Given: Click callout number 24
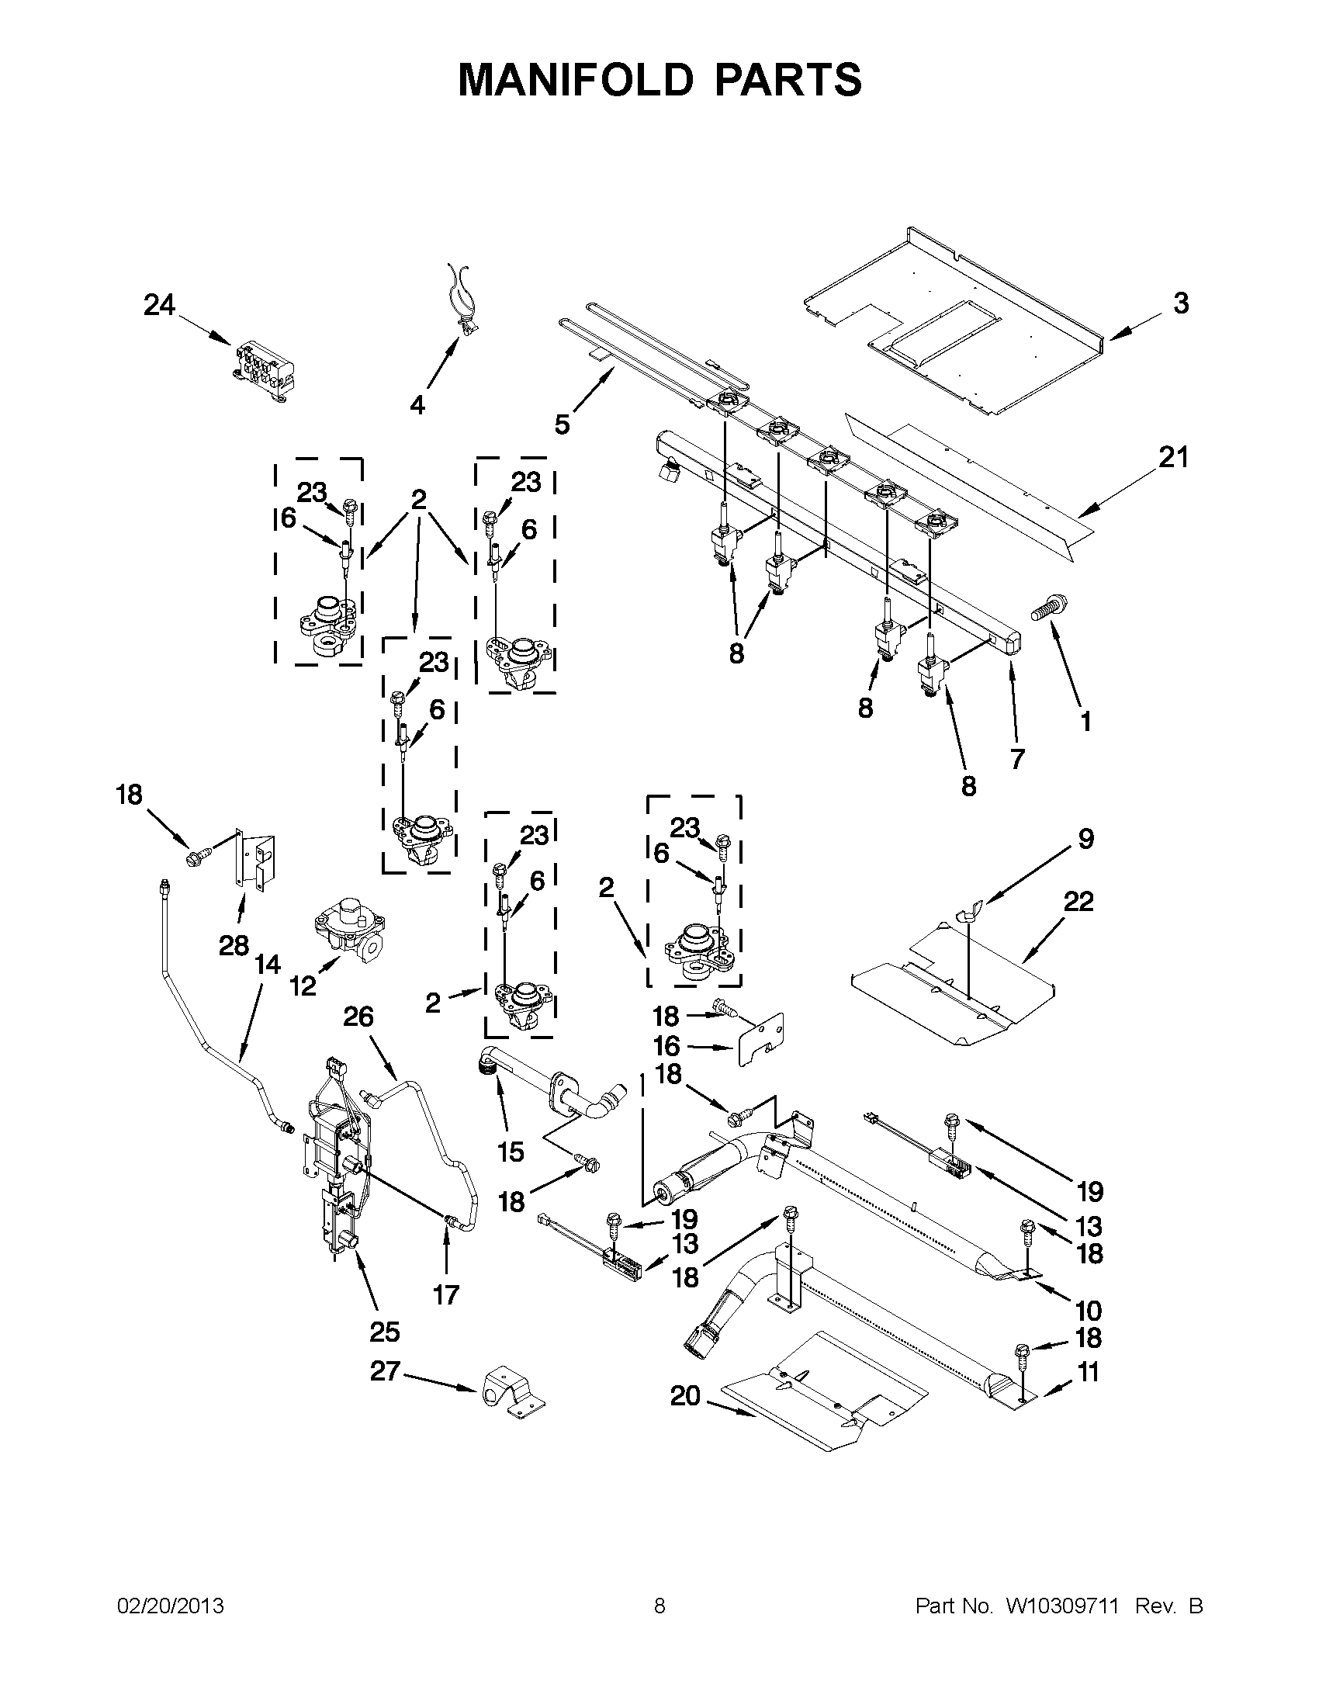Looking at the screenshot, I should [159, 305].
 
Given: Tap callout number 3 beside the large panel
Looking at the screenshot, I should [1181, 303].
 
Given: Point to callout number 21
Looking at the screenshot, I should [1173, 457].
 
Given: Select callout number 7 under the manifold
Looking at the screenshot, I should [1017, 758].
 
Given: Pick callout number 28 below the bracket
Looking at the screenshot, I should [233, 946].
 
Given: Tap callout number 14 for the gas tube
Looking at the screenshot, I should [268, 965].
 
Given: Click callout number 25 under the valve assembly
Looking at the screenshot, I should [385, 1331].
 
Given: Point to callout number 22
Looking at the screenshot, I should [1078, 902].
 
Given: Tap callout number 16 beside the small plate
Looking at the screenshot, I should [666, 1045].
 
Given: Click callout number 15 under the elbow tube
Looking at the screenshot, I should [511, 1151].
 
